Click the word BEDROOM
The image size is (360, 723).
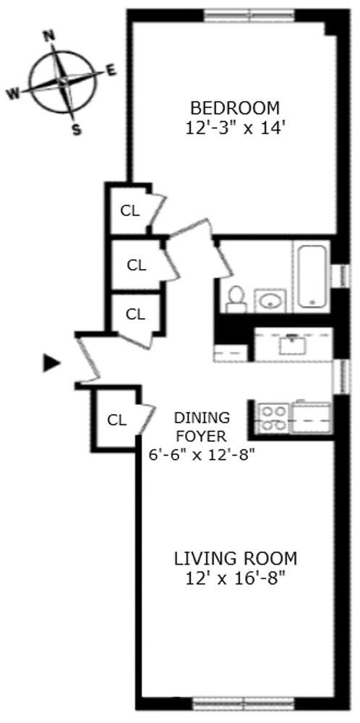pos(234,108)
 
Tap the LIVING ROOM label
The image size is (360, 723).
pos(235,558)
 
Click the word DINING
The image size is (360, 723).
pos(202,418)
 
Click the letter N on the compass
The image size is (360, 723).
pos(50,35)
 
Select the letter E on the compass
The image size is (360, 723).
pos(111,70)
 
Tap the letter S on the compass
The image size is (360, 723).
pos(75,130)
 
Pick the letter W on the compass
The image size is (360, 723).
pos(13,93)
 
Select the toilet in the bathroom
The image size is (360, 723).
pos(235,297)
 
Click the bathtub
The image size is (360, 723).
pos(312,275)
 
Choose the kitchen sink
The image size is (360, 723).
pos(293,343)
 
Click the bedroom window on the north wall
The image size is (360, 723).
pos(248,14)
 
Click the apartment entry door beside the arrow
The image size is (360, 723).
pos(89,358)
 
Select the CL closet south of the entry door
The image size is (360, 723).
pos(117,419)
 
